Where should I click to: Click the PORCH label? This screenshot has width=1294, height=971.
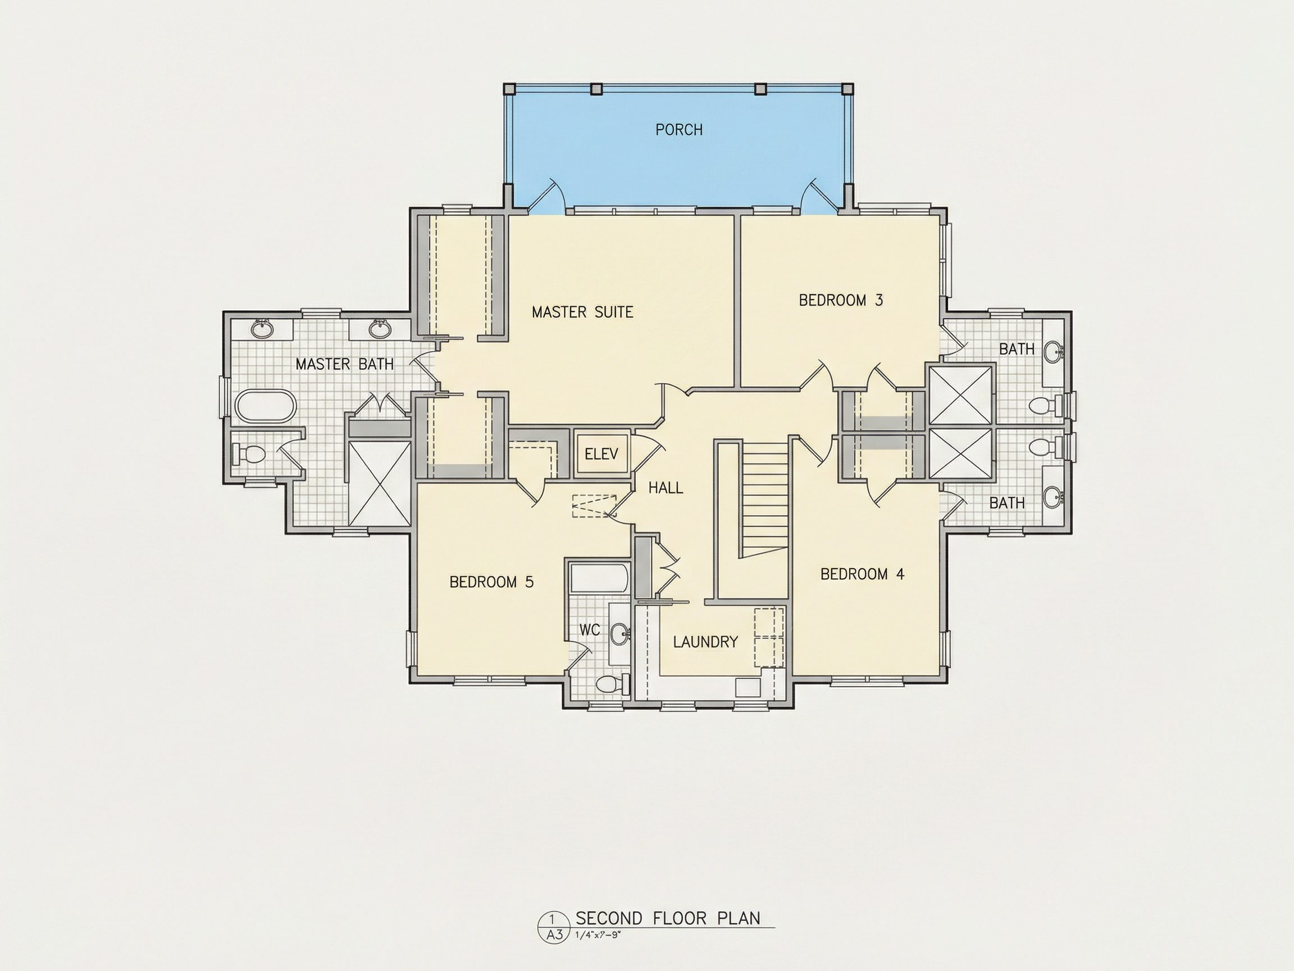(x=678, y=129)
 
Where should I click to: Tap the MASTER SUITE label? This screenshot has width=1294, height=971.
(x=582, y=312)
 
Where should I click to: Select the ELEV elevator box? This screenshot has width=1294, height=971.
(x=602, y=453)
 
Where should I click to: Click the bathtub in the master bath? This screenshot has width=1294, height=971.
(x=266, y=406)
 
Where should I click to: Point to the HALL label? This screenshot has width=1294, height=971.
(x=666, y=488)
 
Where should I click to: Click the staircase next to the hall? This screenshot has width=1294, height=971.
(x=765, y=498)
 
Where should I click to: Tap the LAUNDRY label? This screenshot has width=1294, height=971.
(x=705, y=642)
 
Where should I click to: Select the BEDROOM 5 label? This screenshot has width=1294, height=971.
(x=491, y=582)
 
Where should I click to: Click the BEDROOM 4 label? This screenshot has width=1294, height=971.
(x=862, y=574)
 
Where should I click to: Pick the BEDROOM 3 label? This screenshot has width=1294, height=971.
(x=841, y=300)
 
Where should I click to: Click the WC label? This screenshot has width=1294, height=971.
(x=590, y=630)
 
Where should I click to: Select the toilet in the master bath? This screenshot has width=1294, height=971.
(x=248, y=453)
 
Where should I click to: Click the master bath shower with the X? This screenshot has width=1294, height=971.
(x=380, y=483)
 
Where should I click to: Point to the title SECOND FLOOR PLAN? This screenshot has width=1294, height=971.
(x=668, y=918)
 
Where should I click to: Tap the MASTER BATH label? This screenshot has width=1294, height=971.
(x=344, y=364)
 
